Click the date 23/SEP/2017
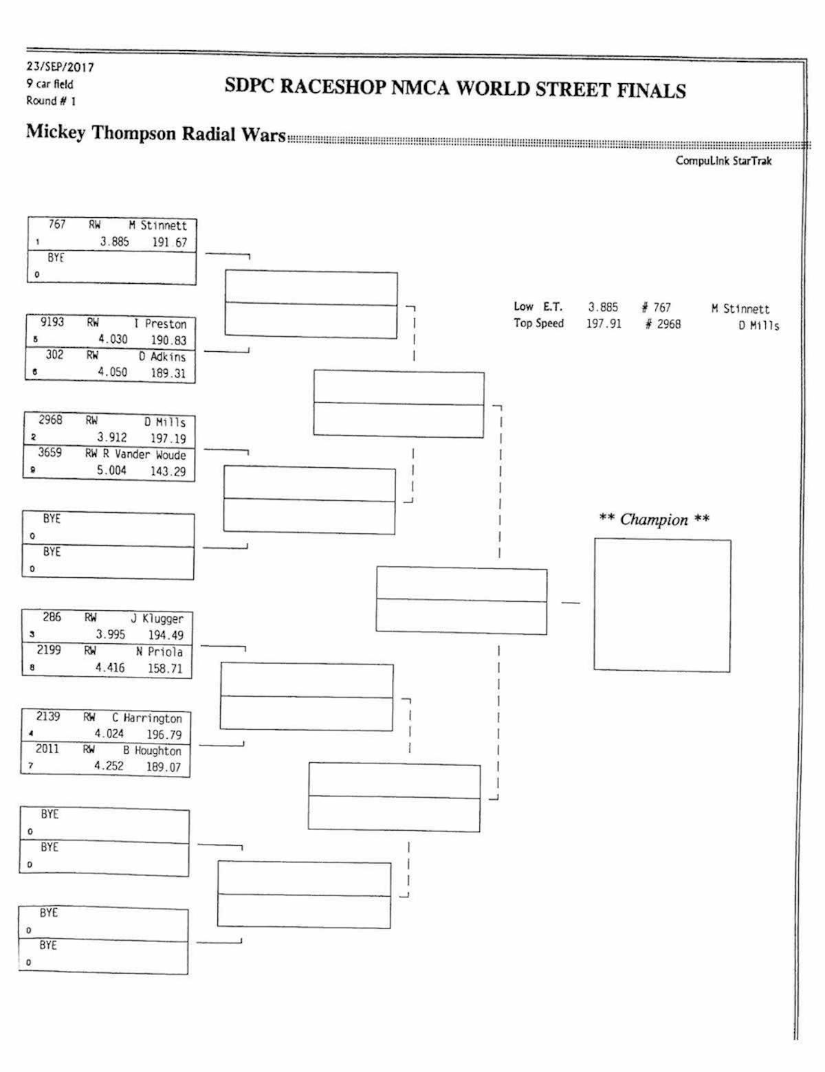point(60,67)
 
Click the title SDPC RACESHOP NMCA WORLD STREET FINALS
point(455,89)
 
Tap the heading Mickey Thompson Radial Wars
point(155,133)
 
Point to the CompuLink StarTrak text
point(723,161)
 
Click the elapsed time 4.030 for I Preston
point(113,339)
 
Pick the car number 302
point(54,355)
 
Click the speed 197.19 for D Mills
point(168,438)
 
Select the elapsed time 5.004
point(111,471)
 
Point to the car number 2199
point(49,650)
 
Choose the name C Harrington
point(147,718)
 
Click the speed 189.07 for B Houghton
point(163,767)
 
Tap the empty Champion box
point(662,605)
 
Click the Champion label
point(654,520)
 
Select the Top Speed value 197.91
point(603,324)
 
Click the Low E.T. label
point(538,307)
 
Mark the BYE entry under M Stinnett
point(55,259)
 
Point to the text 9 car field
point(49,85)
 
